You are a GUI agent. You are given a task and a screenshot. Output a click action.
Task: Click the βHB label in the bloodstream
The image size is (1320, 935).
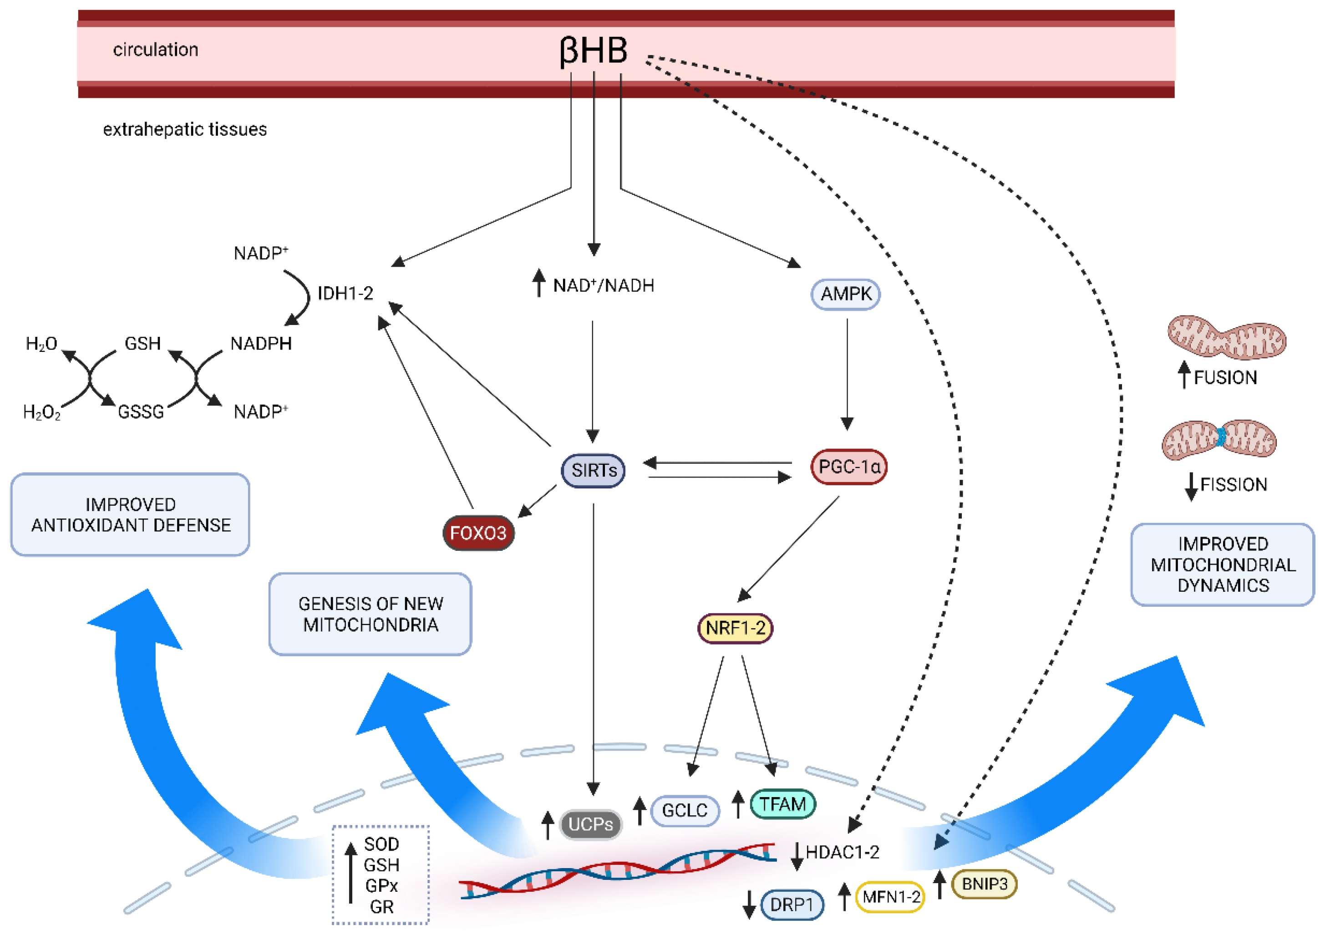(593, 51)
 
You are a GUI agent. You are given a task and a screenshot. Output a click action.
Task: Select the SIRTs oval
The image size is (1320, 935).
(593, 470)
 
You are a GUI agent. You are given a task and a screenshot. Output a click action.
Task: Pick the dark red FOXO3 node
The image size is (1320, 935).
(478, 533)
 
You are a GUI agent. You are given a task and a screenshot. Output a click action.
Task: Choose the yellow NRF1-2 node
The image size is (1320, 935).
(735, 628)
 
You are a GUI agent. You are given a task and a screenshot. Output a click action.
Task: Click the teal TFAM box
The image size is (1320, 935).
(782, 804)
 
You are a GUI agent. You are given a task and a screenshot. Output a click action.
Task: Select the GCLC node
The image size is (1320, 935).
(685, 811)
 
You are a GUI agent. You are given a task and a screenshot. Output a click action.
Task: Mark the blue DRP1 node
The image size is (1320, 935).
(792, 905)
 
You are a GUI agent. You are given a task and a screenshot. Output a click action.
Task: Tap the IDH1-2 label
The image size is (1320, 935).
(345, 294)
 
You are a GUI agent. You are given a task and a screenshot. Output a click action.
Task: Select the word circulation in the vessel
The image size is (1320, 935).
(155, 50)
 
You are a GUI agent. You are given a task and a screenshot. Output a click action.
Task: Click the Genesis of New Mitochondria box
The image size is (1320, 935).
(370, 614)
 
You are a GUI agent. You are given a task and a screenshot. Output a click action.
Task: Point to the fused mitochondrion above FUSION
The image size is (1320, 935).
(1226, 337)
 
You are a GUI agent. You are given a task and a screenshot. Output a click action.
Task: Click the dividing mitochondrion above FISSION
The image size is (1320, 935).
(1218, 440)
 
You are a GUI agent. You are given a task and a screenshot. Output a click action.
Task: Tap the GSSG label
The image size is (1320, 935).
(141, 412)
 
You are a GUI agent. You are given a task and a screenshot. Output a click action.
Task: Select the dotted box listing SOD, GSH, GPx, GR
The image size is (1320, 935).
(381, 875)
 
